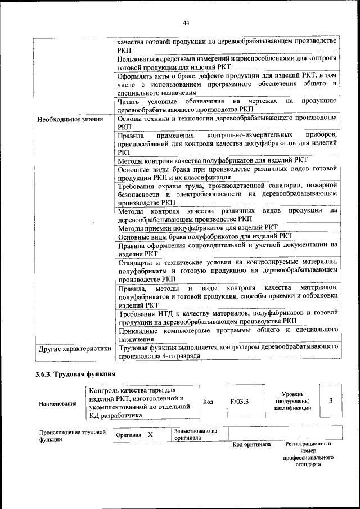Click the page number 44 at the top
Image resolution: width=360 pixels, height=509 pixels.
(x=186, y=22)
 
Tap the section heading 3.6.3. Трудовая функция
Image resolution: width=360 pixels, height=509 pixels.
(x=75, y=374)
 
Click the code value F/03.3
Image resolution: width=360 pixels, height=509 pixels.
(x=240, y=402)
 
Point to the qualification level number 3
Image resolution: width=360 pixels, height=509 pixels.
(x=331, y=400)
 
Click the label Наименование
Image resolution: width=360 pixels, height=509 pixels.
(x=58, y=404)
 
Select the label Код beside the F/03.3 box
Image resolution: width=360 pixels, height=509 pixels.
(x=208, y=402)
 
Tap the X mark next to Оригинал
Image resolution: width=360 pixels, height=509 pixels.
(x=150, y=435)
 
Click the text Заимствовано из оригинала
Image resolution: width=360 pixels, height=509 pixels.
(x=195, y=434)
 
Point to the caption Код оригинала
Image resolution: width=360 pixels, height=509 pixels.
(x=251, y=444)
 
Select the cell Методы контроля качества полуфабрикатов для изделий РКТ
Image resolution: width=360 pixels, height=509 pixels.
(x=212, y=160)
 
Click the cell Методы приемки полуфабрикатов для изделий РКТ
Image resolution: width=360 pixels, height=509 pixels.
(x=198, y=228)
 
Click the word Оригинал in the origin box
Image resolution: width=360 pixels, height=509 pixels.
(x=127, y=435)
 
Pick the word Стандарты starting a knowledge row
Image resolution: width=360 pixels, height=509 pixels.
(x=136, y=262)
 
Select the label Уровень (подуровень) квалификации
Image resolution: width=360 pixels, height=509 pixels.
(x=292, y=402)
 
